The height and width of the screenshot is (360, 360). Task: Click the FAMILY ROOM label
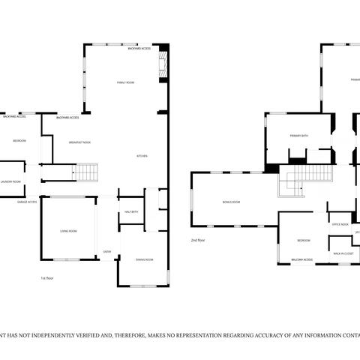(125, 82)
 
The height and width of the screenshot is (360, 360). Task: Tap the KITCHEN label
(142, 155)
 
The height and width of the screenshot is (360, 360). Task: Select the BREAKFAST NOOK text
(79, 142)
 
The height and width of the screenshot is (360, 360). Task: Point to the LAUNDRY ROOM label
(10, 181)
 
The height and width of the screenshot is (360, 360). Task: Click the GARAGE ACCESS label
(28, 202)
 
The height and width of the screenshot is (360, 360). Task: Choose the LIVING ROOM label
(68, 231)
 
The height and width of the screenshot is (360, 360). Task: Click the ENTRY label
(107, 251)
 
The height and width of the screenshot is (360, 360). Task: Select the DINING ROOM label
(144, 259)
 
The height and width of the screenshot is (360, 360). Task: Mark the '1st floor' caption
(49, 277)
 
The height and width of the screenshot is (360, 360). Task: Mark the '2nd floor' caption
(199, 240)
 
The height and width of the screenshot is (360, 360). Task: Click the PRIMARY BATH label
(300, 136)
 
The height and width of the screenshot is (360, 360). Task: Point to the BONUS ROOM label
(231, 202)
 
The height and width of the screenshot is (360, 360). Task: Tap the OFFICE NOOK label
(340, 224)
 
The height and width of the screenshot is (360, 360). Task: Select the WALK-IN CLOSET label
(343, 253)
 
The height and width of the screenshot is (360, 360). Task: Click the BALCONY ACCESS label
(302, 259)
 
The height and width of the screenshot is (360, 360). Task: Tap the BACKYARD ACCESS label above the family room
(139, 48)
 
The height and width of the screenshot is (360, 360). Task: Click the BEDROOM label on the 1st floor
(19, 140)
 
